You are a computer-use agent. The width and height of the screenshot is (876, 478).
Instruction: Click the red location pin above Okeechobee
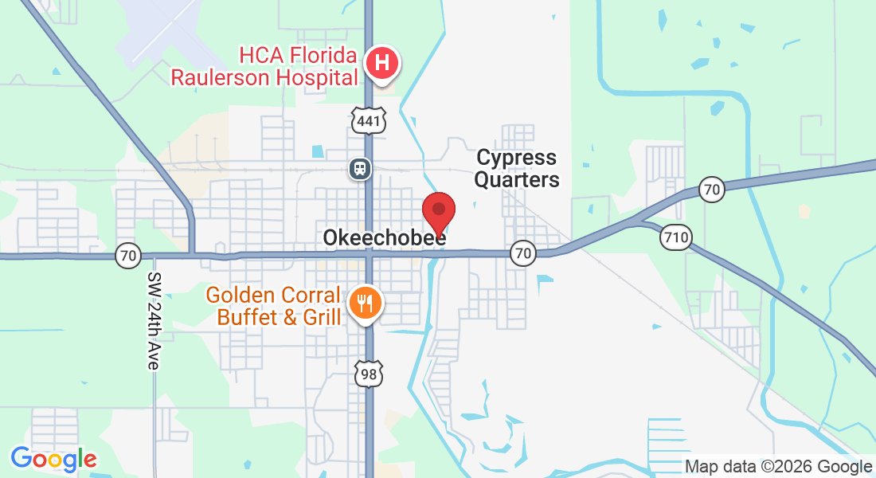click(438, 211)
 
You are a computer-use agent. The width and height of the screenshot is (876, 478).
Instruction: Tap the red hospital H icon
click(382, 61)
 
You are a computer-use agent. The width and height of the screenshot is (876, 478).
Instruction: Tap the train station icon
click(359, 168)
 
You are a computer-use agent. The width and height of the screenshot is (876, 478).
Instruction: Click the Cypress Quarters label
click(517, 169)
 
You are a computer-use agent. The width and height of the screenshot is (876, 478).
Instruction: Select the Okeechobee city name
click(384, 238)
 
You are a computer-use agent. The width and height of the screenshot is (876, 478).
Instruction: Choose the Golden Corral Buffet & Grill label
click(273, 306)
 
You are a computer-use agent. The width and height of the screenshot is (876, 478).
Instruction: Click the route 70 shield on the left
click(127, 257)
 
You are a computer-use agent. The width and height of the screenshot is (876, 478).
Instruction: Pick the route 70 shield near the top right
click(711, 190)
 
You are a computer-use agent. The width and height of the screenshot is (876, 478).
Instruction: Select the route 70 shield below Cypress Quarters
click(522, 254)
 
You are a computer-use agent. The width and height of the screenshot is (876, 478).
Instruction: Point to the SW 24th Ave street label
click(153, 321)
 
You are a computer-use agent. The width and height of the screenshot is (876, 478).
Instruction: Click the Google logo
click(53, 459)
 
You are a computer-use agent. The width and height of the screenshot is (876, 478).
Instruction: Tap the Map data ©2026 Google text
click(778, 467)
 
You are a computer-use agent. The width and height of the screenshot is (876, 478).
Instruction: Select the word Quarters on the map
click(517, 180)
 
